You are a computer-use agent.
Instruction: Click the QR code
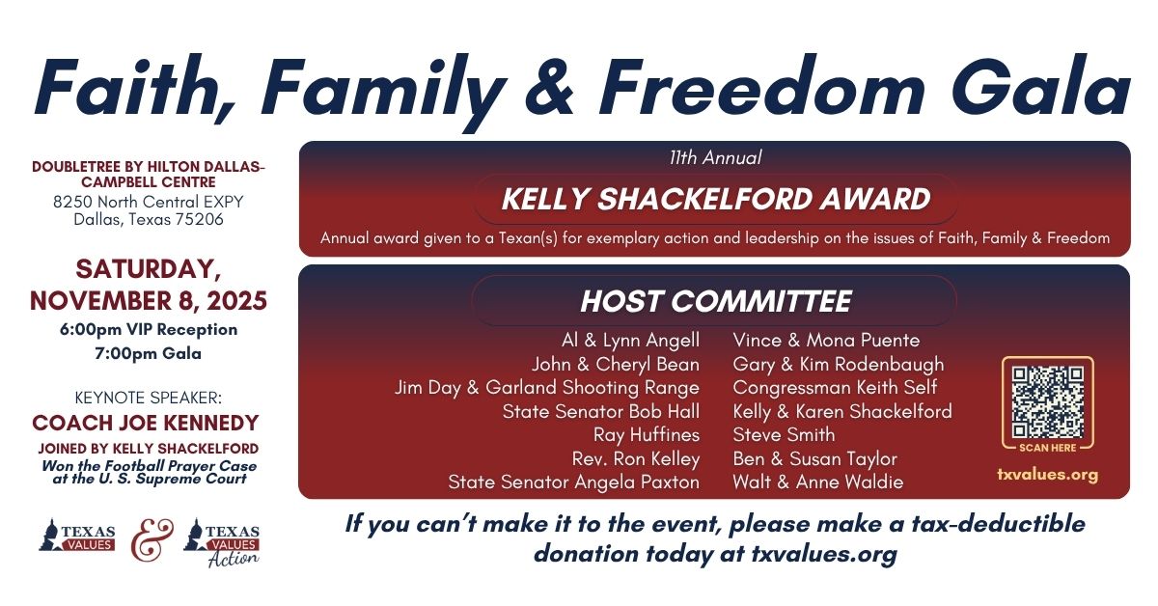(1048, 401)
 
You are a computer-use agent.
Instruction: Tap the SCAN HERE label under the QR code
(1048, 448)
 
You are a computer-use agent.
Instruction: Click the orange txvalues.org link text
(1047, 475)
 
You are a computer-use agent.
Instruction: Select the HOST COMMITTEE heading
(715, 301)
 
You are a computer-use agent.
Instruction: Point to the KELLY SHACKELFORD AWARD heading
(715, 199)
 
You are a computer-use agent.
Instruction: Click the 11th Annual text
(715, 157)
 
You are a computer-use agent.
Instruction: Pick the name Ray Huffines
(647, 435)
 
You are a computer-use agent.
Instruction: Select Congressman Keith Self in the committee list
(835, 387)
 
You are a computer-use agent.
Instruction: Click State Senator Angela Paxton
(574, 482)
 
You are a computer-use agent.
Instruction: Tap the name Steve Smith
(784, 435)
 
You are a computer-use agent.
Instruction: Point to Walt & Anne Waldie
(818, 482)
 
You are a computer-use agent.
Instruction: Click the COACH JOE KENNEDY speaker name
(146, 423)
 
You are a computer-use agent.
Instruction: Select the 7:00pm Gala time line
(149, 354)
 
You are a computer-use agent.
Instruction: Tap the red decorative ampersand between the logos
(152, 540)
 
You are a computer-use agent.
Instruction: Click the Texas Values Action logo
(222, 543)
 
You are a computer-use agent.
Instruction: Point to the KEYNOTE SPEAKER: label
(149, 398)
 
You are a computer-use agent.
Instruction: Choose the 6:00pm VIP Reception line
(149, 329)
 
